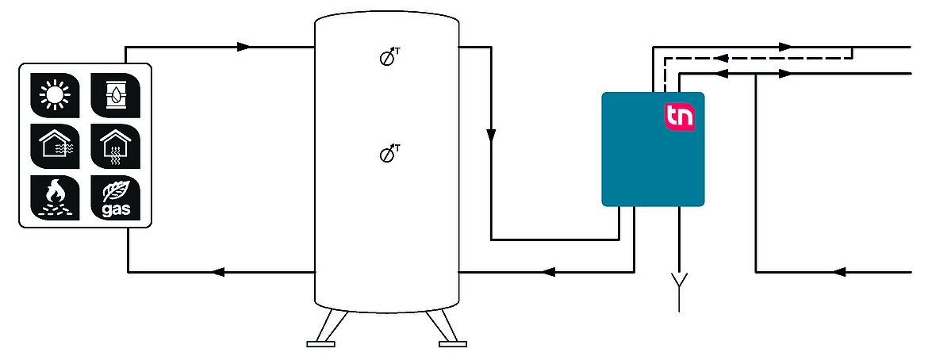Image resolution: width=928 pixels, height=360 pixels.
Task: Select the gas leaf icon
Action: tap(116, 197)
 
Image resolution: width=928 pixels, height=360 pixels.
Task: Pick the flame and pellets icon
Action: tap(55, 197)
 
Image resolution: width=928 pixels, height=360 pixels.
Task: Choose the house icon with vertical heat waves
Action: tap(116, 146)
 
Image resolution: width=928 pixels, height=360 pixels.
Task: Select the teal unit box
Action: tap(653, 149)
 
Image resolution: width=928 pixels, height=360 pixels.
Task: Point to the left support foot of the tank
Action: tap(325, 328)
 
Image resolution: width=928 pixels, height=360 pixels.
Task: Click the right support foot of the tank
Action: tap(448, 328)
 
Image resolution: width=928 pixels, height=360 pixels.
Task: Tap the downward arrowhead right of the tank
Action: tap(491, 136)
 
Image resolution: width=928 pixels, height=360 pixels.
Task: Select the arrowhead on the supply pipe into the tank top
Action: tap(244, 47)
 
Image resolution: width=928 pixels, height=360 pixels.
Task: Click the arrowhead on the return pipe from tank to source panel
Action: tap(218, 272)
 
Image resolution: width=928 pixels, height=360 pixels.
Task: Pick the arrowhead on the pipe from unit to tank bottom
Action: tap(549, 272)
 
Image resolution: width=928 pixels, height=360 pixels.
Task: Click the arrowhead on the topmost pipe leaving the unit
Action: tap(784, 47)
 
